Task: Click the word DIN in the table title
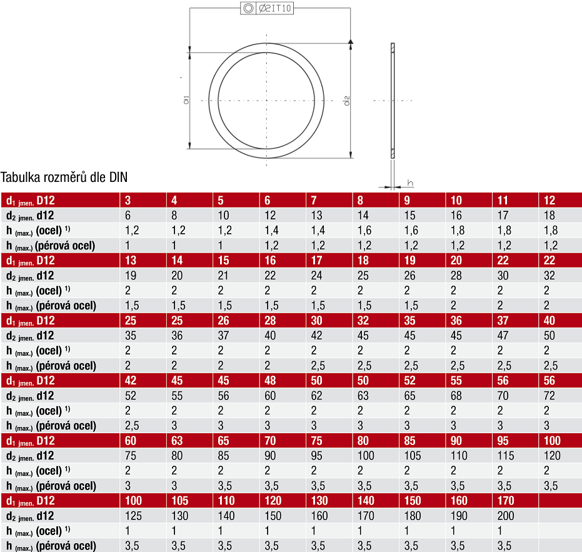(118, 177)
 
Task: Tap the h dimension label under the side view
(410, 183)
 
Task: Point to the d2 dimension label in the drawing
(347, 101)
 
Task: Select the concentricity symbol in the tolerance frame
(248, 8)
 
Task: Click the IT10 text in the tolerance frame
(281, 8)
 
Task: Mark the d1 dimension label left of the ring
(186, 99)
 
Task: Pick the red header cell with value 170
(515, 500)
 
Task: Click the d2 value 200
(506, 516)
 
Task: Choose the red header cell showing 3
(143, 200)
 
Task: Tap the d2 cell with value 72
(549, 395)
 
